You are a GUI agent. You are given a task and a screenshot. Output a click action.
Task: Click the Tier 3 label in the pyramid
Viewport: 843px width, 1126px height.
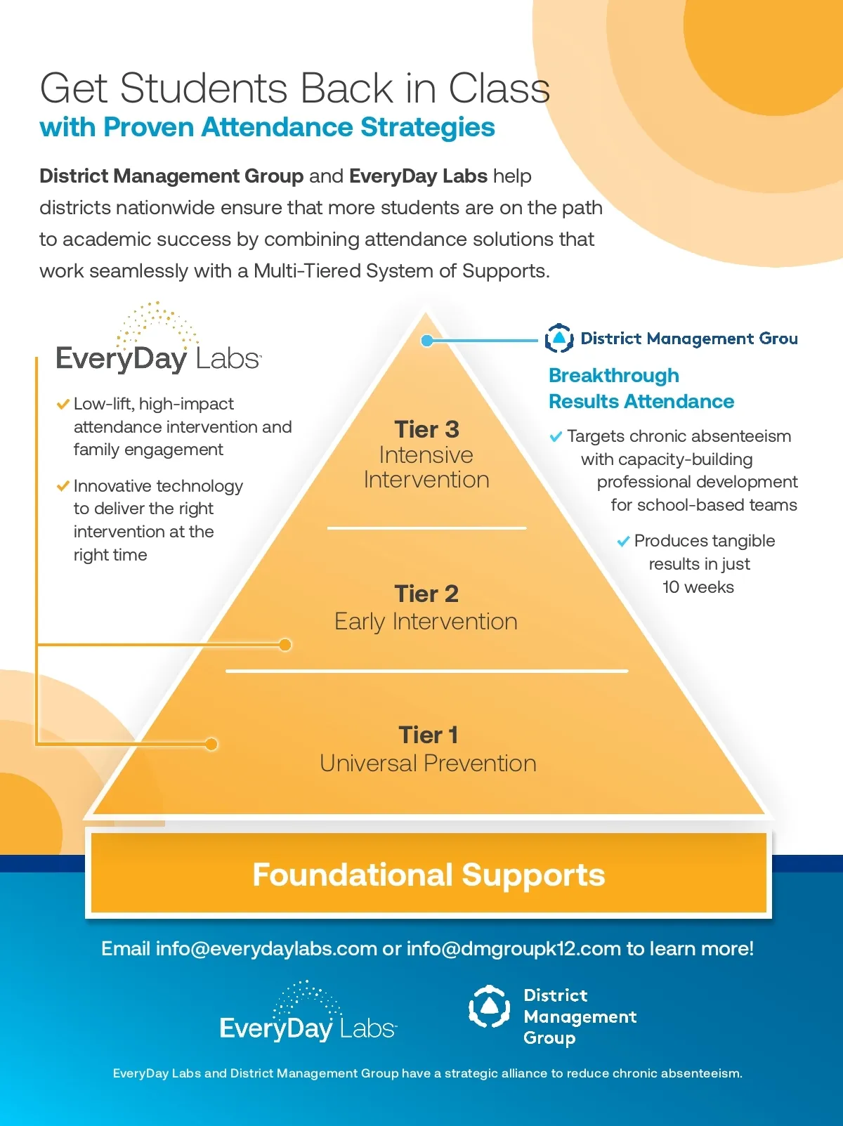pos(426,429)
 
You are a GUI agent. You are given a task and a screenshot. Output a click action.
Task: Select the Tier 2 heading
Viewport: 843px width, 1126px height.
pos(426,594)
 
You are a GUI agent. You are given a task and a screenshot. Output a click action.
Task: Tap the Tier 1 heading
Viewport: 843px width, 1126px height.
pos(428,735)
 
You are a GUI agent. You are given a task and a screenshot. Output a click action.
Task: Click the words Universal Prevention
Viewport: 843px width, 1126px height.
pos(428,764)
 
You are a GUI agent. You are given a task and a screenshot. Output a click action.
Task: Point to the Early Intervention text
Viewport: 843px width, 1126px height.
pos(426,622)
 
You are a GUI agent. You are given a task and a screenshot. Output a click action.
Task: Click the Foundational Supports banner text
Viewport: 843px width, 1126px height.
pos(429,875)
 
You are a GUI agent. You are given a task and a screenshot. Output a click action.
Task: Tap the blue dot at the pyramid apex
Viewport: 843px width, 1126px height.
pos(426,341)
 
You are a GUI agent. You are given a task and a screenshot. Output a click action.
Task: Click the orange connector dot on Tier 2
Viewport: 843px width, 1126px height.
pos(285,645)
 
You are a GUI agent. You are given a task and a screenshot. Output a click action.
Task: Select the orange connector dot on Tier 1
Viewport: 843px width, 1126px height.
pos(211,744)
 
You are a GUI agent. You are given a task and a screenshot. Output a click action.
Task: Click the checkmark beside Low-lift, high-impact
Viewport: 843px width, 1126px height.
pos(63,404)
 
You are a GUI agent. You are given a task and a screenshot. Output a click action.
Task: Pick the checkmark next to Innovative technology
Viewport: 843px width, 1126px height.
pos(63,486)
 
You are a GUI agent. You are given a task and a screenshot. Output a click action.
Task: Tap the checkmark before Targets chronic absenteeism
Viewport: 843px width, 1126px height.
pos(556,437)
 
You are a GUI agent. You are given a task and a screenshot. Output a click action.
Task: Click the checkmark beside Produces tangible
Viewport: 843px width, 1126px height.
pos(622,542)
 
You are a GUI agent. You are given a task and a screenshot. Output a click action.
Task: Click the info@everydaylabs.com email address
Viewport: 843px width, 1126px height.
pos(266,949)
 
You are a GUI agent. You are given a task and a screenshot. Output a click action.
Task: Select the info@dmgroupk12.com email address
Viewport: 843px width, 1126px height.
pos(514,949)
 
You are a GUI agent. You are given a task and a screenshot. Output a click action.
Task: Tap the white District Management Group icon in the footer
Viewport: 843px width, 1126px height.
pos(489,1007)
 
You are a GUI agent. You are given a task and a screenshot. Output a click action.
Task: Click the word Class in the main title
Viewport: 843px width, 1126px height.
pos(499,89)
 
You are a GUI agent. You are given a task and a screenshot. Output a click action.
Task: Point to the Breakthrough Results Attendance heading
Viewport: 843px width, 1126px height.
pos(641,388)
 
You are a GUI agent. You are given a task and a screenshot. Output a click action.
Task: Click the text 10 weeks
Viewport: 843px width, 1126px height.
pos(698,587)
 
